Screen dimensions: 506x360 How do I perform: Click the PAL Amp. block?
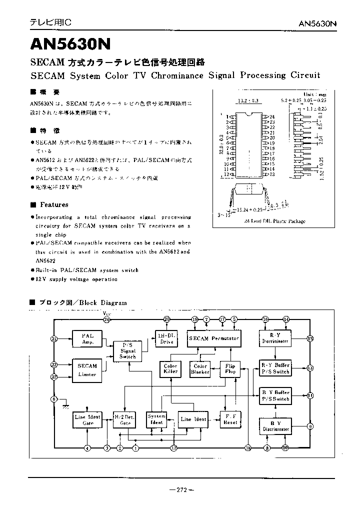[x=88, y=338]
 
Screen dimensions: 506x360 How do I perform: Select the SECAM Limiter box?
[x=87, y=370]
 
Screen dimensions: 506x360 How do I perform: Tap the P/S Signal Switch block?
[x=128, y=350]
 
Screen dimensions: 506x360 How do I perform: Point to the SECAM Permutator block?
[x=214, y=338]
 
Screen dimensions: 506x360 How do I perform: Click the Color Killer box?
[x=170, y=368]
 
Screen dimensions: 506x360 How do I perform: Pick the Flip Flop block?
[x=230, y=368]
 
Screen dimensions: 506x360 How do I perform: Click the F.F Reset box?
[x=230, y=419]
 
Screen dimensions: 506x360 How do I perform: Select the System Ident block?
[x=156, y=419]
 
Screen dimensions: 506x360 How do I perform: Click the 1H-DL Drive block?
[x=166, y=338]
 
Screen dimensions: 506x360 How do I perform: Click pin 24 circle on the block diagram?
[x=106, y=319]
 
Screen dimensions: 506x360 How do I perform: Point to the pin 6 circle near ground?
[x=54, y=399]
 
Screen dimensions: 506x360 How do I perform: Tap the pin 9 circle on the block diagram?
[x=310, y=426]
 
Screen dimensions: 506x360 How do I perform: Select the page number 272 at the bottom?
[x=181, y=489]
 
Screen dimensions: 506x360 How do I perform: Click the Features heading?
[x=54, y=204]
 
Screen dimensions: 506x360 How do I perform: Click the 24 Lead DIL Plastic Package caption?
[x=268, y=221]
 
